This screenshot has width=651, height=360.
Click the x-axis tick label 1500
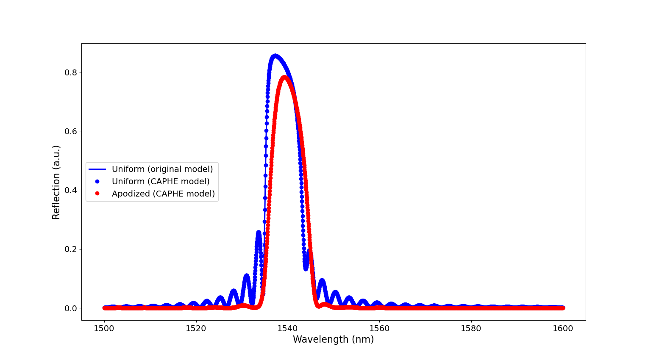(104, 328)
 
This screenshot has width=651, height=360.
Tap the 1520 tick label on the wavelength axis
(196, 328)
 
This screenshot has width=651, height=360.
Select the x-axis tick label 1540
(288, 328)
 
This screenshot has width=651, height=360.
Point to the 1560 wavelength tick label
(379, 328)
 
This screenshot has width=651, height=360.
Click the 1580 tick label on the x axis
(471, 328)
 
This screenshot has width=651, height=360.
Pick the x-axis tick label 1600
(563, 328)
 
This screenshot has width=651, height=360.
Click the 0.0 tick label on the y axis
(70, 308)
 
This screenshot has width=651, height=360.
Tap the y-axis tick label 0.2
(70, 249)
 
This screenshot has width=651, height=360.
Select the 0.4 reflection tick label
(70, 190)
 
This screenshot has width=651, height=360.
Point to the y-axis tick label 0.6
(70, 131)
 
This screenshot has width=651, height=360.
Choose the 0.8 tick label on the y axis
(70, 72)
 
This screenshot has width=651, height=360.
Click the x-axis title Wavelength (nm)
(333, 340)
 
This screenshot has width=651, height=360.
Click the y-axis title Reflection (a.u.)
(56, 182)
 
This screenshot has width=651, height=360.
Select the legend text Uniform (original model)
(162, 169)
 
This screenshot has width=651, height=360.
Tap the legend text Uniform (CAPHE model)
(161, 182)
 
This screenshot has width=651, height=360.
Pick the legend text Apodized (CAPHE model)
(163, 194)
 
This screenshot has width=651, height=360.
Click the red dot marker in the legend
(97, 194)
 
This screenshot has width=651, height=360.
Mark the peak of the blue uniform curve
(275, 56)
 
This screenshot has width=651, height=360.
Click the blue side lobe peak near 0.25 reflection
(259, 233)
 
